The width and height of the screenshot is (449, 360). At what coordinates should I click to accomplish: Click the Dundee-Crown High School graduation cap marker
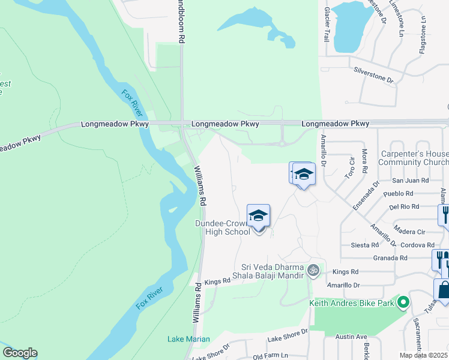tap(259, 217)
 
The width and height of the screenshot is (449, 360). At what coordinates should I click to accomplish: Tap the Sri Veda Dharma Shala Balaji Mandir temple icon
tap(312, 271)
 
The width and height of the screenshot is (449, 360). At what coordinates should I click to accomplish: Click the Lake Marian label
tap(188, 339)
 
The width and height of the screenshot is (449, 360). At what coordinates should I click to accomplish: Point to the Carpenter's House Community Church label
tap(414, 158)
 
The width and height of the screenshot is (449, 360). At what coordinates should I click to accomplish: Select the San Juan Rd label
tap(411, 180)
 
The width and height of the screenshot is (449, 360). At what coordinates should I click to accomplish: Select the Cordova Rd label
tap(418, 245)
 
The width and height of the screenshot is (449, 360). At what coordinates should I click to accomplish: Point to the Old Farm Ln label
tap(270, 356)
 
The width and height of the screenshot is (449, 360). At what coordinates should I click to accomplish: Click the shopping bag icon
tap(444, 290)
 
